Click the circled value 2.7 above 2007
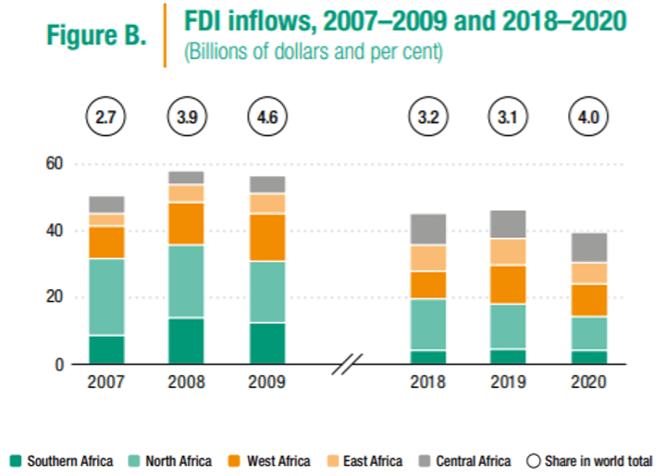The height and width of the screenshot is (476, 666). [x=106, y=118]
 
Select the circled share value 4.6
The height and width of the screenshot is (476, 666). [x=268, y=118]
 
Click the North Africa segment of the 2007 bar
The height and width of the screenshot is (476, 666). [x=107, y=296]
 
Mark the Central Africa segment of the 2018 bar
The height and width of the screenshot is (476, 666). [x=428, y=229]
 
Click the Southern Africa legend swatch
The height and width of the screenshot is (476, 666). [x=16, y=460]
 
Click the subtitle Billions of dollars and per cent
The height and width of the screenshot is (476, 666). [x=314, y=53]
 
